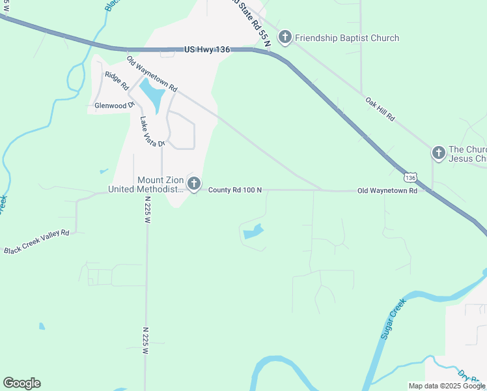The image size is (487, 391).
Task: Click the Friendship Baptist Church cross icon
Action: (x=285, y=38)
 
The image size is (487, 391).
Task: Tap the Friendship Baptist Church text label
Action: (x=347, y=38)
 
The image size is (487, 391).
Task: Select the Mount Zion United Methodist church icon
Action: (x=193, y=184)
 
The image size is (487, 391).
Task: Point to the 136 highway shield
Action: (x=410, y=177)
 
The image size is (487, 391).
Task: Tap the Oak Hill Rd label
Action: (x=380, y=109)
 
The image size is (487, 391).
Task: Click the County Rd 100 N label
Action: (x=235, y=190)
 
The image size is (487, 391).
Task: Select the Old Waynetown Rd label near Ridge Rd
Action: (x=152, y=74)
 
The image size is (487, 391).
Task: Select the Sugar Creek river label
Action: (x=393, y=319)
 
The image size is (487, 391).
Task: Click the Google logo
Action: (x=21, y=383)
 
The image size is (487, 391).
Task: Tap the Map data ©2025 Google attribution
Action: (x=447, y=386)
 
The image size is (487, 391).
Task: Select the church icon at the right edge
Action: (x=439, y=153)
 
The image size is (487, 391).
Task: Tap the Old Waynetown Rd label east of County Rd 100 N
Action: (x=387, y=191)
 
